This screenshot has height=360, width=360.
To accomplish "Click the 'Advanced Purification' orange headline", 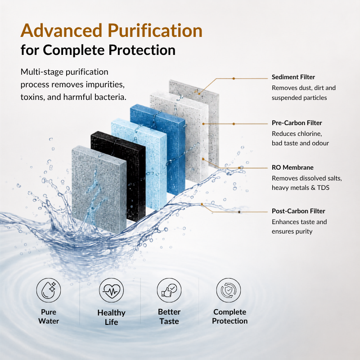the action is [x=111, y=31].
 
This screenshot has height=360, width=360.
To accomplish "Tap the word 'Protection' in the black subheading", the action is [x=142, y=50].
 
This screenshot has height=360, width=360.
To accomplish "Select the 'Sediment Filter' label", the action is [x=293, y=77].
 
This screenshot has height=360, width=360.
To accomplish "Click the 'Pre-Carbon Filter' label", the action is [x=297, y=123].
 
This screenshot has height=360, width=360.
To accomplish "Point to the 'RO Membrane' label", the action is [x=292, y=167].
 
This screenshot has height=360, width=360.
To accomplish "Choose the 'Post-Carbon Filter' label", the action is [x=298, y=211].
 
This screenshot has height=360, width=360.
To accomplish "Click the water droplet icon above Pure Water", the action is [x=49, y=290].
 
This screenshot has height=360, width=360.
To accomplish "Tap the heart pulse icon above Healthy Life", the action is [x=111, y=290].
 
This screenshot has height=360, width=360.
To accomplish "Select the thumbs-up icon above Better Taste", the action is [x=169, y=290].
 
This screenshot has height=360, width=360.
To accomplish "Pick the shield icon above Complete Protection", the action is [x=229, y=290].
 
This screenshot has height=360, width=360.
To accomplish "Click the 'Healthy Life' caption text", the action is [x=111, y=317].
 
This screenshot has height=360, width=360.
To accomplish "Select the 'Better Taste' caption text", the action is [x=169, y=317].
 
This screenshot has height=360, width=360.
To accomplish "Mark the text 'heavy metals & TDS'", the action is [x=301, y=188].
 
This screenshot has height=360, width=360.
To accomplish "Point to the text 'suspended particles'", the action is [x=299, y=98].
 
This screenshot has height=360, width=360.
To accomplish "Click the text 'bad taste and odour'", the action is [x=300, y=143].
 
